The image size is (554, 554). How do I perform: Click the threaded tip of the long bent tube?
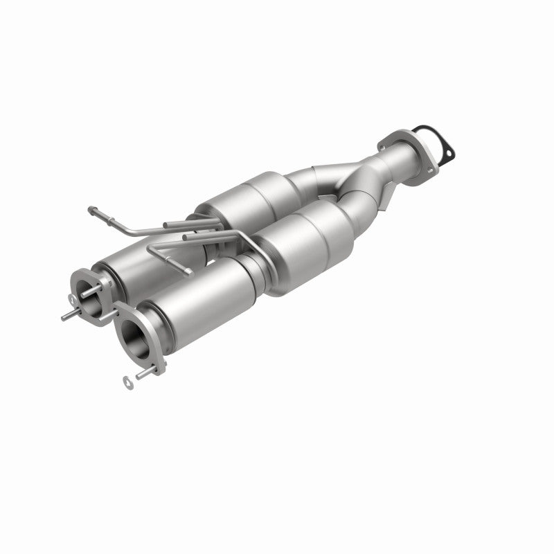click(92, 207)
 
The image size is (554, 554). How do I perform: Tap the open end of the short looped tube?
click(188, 271)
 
